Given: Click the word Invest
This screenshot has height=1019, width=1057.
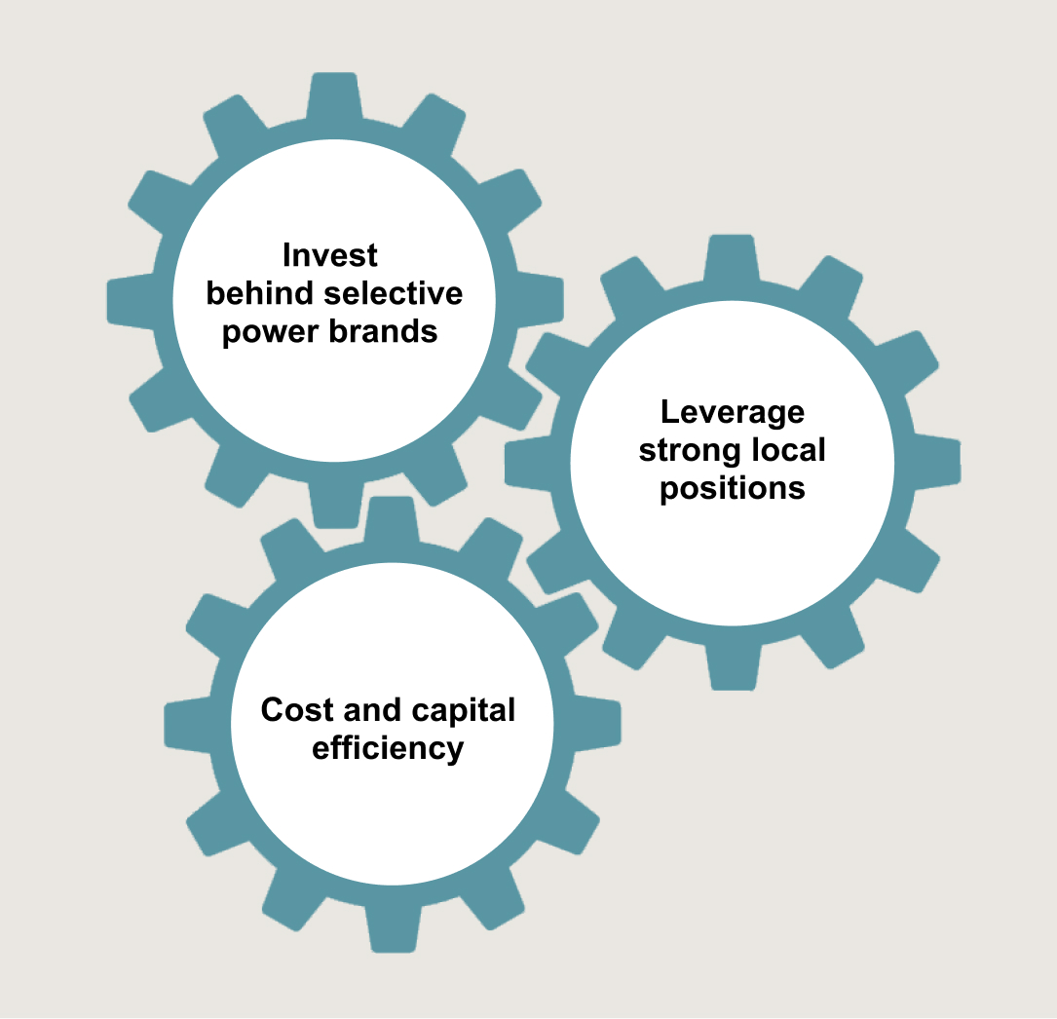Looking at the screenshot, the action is click(x=330, y=255).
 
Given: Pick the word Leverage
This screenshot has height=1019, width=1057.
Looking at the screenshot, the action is click(x=733, y=412).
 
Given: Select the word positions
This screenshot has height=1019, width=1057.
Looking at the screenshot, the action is click(x=733, y=488).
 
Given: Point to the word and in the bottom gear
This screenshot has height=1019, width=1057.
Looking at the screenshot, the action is click(x=374, y=710).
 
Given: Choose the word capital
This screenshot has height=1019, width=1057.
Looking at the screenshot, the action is click(x=464, y=710).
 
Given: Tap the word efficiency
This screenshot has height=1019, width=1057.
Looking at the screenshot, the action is click(x=388, y=749).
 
